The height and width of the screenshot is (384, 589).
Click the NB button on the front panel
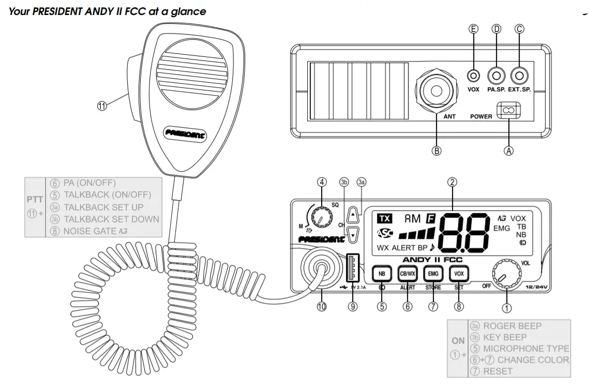click(382, 273)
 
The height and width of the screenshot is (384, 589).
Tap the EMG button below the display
click(432, 273)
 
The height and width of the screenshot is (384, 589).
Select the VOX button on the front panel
click(458, 273)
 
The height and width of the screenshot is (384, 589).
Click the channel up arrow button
click(353, 212)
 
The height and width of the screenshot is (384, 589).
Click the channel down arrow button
click(353, 234)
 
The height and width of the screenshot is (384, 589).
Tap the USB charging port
click(353, 267)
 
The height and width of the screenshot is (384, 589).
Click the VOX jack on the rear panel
click(473, 76)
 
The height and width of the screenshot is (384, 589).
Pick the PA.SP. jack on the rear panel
click(496, 76)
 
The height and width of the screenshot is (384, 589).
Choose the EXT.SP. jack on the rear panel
click(519, 76)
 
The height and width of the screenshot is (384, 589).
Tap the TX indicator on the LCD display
click(384, 218)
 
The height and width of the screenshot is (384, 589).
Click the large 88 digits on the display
click(464, 231)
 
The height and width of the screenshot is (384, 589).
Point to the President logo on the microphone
click(185, 133)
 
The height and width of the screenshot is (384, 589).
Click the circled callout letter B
click(436, 151)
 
